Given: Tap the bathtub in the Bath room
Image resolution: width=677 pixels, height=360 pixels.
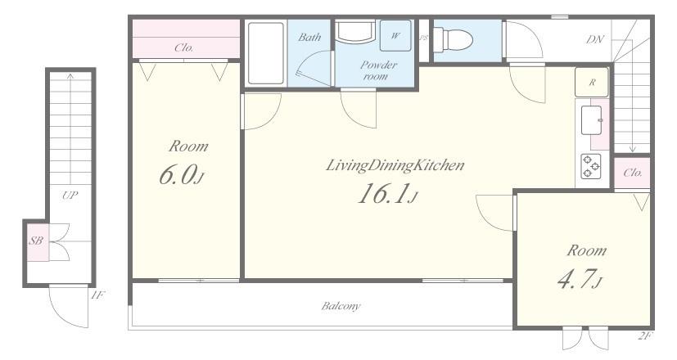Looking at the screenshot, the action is pyautogui.click(x=266, y=53).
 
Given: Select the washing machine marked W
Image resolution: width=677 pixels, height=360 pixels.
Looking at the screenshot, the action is pyautogui.click(x=395, y=36).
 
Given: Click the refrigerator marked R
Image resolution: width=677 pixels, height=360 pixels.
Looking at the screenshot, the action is pyautogui.click(x=592, y=82).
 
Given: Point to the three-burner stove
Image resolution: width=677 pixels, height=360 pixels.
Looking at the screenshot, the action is pyautogui.click(x=591, y=166).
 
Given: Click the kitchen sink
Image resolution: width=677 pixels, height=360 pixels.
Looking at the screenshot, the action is pyautogui.click(x=592, y=120).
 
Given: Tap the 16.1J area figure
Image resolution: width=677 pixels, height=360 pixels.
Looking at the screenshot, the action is pyautogui.click(x=387, y=193).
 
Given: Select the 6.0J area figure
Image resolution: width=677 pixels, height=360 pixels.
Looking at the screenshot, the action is pyautogui.click(x=181, y=174).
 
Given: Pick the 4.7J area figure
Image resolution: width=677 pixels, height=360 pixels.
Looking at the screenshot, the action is pyautogui.click(x=580, y=279).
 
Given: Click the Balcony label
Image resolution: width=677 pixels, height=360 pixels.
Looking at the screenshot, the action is pyautogui.click(x=341, y=306).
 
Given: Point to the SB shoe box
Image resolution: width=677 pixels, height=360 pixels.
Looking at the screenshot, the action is pyautogui.click(x=36, y=241).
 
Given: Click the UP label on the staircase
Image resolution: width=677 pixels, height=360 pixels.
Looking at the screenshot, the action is pyautogui.click(x=70, y=195).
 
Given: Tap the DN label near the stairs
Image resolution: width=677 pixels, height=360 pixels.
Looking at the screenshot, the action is pyautogui.click(x=594, y=39).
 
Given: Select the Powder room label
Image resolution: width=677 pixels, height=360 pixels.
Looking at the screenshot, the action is pyautogui.click(x=377, y=70).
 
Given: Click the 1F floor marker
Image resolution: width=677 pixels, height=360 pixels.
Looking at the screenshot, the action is pyautogui.click(x=97, y=295).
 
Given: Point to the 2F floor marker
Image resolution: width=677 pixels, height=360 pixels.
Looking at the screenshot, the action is pyautogui.click(x=644, y=335).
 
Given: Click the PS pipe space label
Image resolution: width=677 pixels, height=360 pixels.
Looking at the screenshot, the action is pyautogui.click(x=423, y=38).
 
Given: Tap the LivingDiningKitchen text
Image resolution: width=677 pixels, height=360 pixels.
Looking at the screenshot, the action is pyautogui.click(x=395, y=165).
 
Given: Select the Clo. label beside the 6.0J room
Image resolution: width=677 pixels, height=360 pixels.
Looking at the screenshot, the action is pyautogui.click(x=184, y=47).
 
